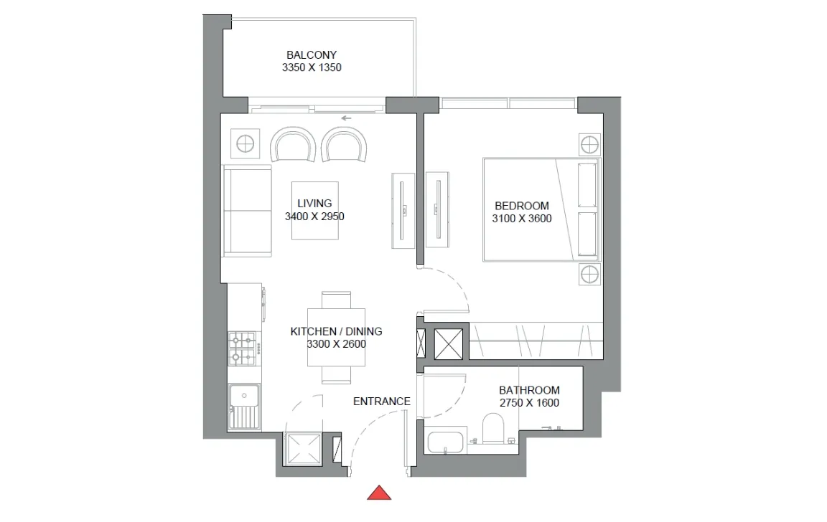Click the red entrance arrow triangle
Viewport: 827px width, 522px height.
(379, 493)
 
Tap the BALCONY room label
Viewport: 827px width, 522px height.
(312, 55)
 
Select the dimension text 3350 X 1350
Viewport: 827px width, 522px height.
(312, 68)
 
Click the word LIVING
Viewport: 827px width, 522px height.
(314, 204)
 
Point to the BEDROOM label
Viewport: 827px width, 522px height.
(522, 206)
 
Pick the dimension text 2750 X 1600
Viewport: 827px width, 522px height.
(529, 403)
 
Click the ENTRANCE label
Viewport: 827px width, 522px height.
(382, 402)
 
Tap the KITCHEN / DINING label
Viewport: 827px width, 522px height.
(336, 331)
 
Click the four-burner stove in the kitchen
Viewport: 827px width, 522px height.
(243, 348)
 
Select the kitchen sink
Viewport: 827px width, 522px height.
(244, 407)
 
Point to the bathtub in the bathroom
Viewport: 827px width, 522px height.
(447, 442)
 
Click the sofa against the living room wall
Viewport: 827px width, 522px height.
(247, 210)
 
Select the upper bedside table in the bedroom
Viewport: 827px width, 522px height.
(589, 143)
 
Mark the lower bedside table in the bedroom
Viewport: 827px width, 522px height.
(589, 274)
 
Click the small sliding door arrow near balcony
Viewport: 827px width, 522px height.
(347, 118)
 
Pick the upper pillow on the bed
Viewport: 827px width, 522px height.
(587, 185)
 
